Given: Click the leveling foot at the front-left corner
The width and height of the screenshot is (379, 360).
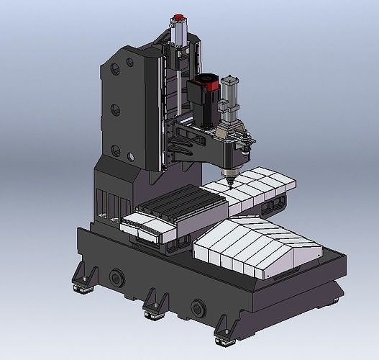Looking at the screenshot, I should (81, 281).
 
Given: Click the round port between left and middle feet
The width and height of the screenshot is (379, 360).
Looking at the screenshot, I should (115, 276).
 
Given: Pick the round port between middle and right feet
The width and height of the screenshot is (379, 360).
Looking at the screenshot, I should (196, 307).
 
